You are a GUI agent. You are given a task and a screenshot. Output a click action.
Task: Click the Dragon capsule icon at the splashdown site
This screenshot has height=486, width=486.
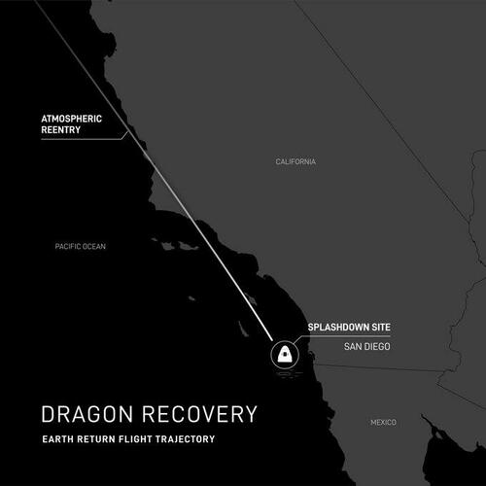[x=284, y=353]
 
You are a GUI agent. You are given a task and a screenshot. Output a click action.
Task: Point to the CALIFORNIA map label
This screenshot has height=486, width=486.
[x=295, y=161]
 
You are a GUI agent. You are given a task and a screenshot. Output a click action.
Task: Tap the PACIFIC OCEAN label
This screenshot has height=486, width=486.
[x=80, y=247]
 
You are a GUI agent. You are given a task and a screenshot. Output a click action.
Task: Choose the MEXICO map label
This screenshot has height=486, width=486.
[x=383, y=423]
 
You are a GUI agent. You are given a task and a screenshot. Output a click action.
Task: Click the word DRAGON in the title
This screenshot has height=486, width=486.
[x=89, y=414]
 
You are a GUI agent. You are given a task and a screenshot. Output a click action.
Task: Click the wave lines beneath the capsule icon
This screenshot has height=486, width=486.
[x=284, y=367]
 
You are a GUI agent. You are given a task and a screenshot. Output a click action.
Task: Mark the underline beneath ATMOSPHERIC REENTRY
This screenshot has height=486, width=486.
[x=83, y=140]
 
